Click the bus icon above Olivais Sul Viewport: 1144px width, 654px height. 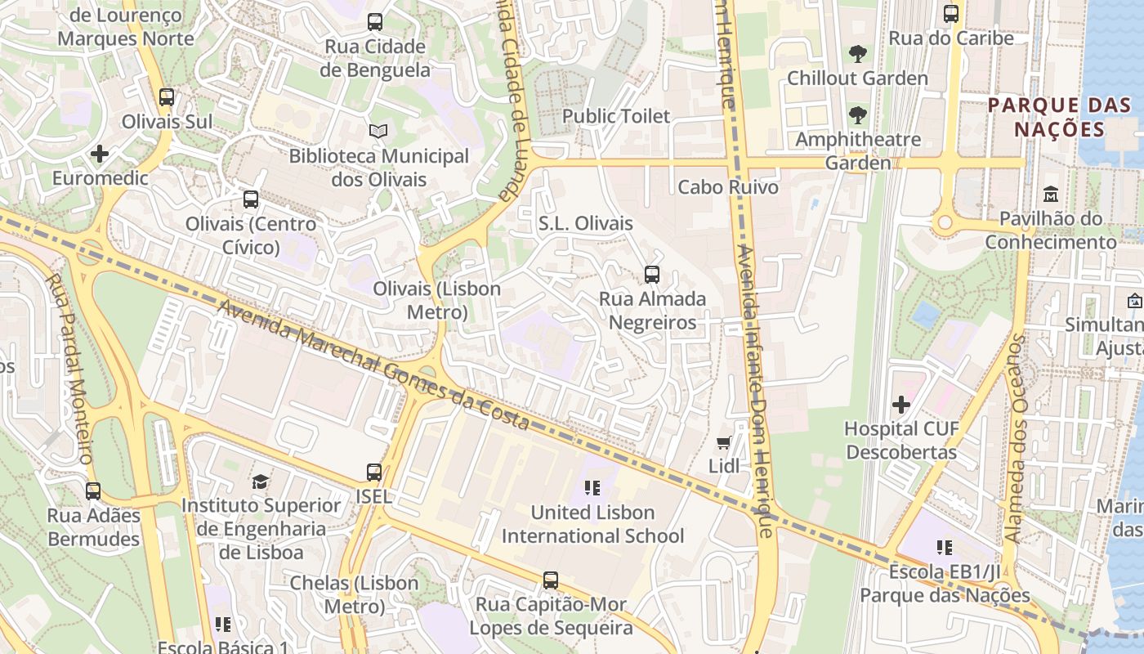[167, 97]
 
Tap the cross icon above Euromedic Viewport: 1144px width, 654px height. [100, 154]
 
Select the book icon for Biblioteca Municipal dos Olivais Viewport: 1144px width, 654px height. [378, 131]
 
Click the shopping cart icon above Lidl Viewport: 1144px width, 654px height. [723, 443]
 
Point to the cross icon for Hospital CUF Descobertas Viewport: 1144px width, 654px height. [901, 405]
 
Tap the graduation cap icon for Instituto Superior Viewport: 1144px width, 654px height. [260, 482]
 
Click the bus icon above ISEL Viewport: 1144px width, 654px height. [374, 473]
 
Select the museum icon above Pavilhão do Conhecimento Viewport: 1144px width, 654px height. [1051, 195]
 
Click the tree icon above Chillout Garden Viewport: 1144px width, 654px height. [857, 55]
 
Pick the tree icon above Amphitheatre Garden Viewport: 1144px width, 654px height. [857, 115]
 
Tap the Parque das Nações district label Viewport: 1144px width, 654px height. [1059, 117]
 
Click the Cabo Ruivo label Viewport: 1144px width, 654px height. [728, 187]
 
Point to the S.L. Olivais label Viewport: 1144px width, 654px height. [585, 223]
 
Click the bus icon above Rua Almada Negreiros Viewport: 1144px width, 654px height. [652, 275]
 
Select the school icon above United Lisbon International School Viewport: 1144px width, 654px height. [592, 489]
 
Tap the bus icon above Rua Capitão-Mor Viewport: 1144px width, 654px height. [551, 580]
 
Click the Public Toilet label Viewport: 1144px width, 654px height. [615, 116]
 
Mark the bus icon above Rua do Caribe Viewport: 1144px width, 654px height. [951, 14]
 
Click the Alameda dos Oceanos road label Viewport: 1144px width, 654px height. [1015, 437]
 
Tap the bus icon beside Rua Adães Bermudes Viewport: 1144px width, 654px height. [93, 491]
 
